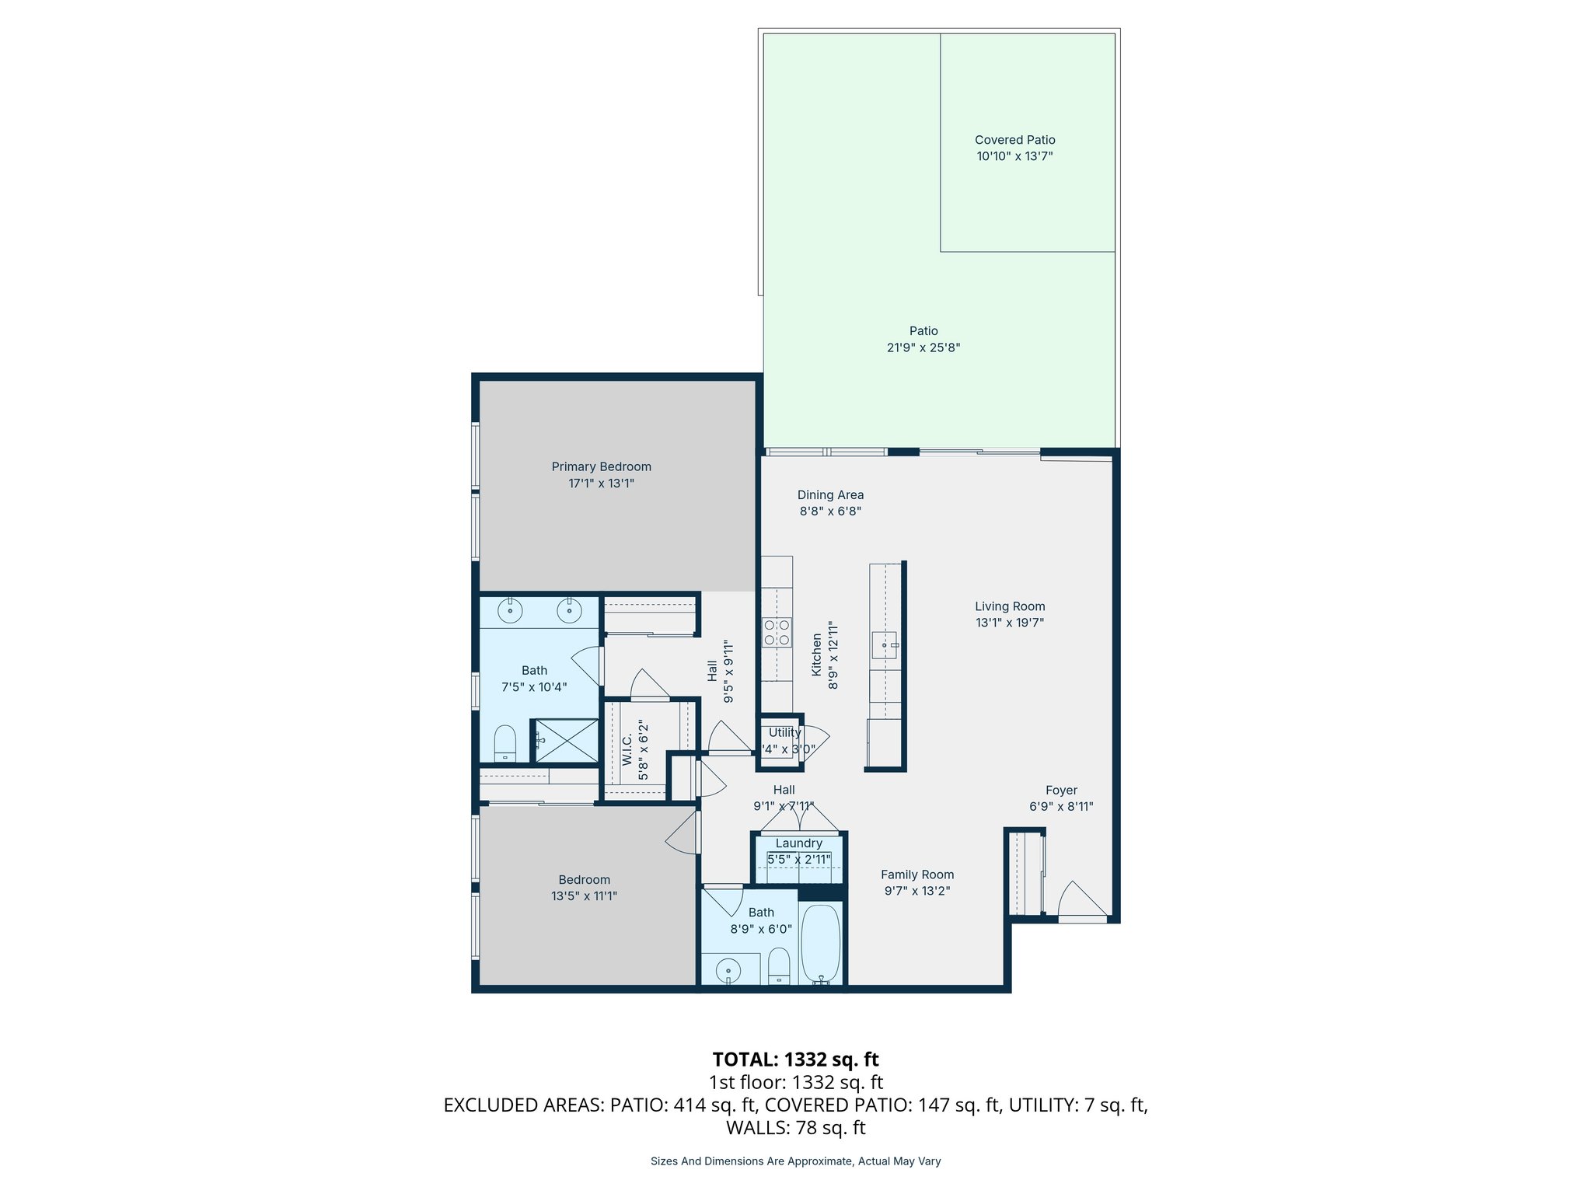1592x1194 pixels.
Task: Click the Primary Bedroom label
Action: (601, 466)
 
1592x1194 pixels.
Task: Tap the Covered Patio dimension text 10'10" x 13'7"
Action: (1014, 156)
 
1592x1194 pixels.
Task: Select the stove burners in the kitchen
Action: (777, 632)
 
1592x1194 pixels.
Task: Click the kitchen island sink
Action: (884, 644)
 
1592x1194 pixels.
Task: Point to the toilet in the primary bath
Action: (505, 743)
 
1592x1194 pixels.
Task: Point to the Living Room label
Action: (1010, 606)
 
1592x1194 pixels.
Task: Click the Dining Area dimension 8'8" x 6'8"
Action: (830, 511)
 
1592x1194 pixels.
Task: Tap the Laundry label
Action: (798, 843)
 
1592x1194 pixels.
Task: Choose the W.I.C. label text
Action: (627, 749)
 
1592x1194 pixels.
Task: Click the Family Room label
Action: (916, 875)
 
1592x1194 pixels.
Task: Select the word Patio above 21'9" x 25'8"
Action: (923, 331)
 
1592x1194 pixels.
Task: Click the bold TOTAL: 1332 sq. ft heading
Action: (795, 1060)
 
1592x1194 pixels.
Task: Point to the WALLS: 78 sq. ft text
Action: (795, 1127)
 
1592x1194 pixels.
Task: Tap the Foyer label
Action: (1061, 790)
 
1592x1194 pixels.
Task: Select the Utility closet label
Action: (784, 732)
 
